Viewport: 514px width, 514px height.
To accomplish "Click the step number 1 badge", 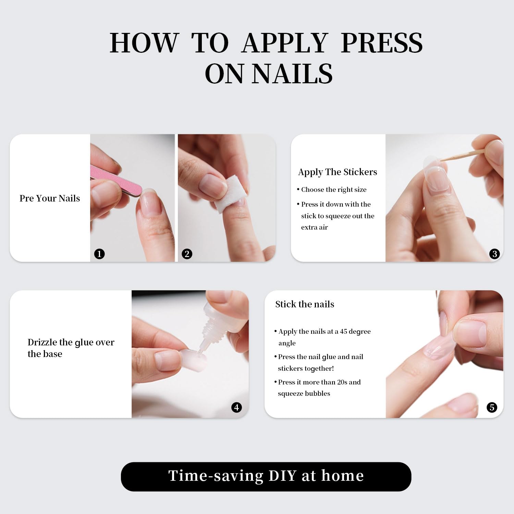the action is [99, 254].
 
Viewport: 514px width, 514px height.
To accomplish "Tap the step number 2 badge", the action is [187, 254].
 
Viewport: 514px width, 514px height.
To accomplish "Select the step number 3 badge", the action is [494, 254].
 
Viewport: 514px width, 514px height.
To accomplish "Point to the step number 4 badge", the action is [236, 407].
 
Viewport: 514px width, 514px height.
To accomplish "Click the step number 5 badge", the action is [492, 407].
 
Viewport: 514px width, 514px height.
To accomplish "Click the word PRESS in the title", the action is [382, 43].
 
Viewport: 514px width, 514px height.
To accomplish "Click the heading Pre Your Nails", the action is [50, 198].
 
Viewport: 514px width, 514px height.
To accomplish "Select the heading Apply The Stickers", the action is [338, 172].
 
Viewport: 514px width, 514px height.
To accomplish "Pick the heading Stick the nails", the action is [305, 304].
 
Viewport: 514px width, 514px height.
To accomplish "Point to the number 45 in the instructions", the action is [343, 331].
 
